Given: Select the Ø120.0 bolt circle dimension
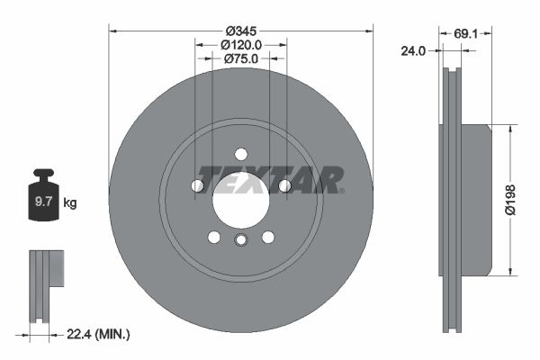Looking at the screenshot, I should tap(240, 43).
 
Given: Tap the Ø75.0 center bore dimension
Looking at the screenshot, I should tap(240, 58).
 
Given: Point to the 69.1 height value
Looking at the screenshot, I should tap(464, 33).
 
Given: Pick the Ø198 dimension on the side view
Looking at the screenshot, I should tap(510, 198).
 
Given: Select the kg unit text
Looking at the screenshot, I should tap(70, 203).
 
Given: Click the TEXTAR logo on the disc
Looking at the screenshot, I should tap(270, 179).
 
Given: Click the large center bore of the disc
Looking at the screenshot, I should tap(240, 200).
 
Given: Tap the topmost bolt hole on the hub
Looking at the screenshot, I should tap(240, 153).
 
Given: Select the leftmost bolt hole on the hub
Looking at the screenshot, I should tap(197, 185).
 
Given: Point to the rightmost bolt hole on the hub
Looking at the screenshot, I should tap(284, 185).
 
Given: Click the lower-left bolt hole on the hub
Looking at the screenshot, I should tap(214, 237).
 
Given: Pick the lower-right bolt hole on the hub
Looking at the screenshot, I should tap(267, 237).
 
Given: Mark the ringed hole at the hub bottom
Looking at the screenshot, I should tap(240, 240).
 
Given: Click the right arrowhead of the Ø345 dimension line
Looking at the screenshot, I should tap(368, 29).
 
